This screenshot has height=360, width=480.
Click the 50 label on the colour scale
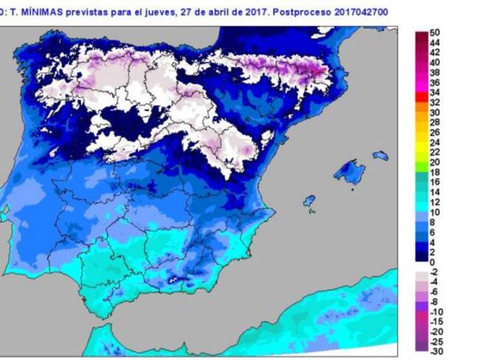435,33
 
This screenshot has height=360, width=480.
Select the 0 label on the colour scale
433,262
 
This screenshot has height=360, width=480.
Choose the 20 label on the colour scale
435,162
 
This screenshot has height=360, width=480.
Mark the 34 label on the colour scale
435,92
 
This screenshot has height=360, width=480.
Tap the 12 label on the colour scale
435,202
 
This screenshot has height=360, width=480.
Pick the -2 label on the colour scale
435,272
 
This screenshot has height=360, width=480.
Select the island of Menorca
380,155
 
